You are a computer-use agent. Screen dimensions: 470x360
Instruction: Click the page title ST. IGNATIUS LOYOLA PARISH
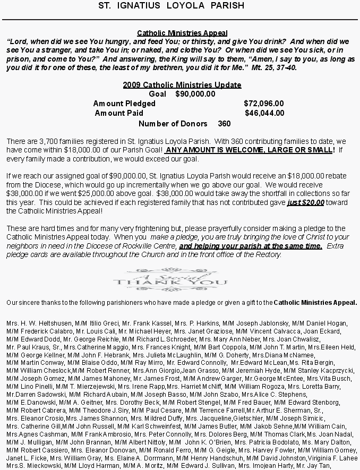pos(172,6)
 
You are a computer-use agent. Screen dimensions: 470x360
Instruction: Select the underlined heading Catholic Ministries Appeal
pos(182,33)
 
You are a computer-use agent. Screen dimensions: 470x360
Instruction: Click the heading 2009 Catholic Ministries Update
pos(182,85)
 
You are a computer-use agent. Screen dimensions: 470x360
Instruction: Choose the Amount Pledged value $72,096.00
pos(264,104)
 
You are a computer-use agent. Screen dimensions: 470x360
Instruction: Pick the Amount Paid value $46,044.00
pos(264,113)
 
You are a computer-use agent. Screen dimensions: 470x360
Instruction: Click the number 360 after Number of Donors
pos(224,124)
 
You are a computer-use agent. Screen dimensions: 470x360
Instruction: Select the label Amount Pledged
pos(124,104)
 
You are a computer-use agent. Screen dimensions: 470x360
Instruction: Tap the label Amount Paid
pos(119,113)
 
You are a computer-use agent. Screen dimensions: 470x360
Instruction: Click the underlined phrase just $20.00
pos(306,203)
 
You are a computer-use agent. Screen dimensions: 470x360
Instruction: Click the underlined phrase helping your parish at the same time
pos(251,246)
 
